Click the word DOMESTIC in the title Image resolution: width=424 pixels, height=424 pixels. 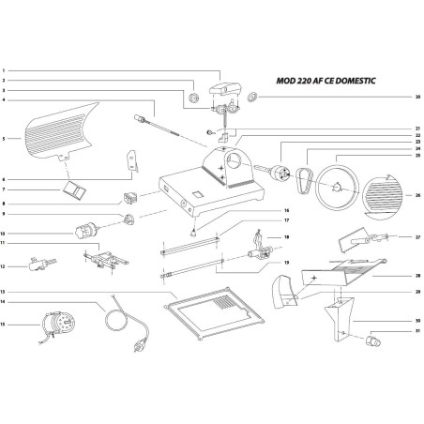coord(349,82)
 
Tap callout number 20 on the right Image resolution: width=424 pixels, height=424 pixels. coord(417,97)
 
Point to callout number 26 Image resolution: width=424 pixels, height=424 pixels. coord(417,195)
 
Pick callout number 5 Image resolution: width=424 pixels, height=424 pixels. coord(5,139)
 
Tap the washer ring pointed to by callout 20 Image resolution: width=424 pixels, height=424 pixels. coord(253,97)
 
